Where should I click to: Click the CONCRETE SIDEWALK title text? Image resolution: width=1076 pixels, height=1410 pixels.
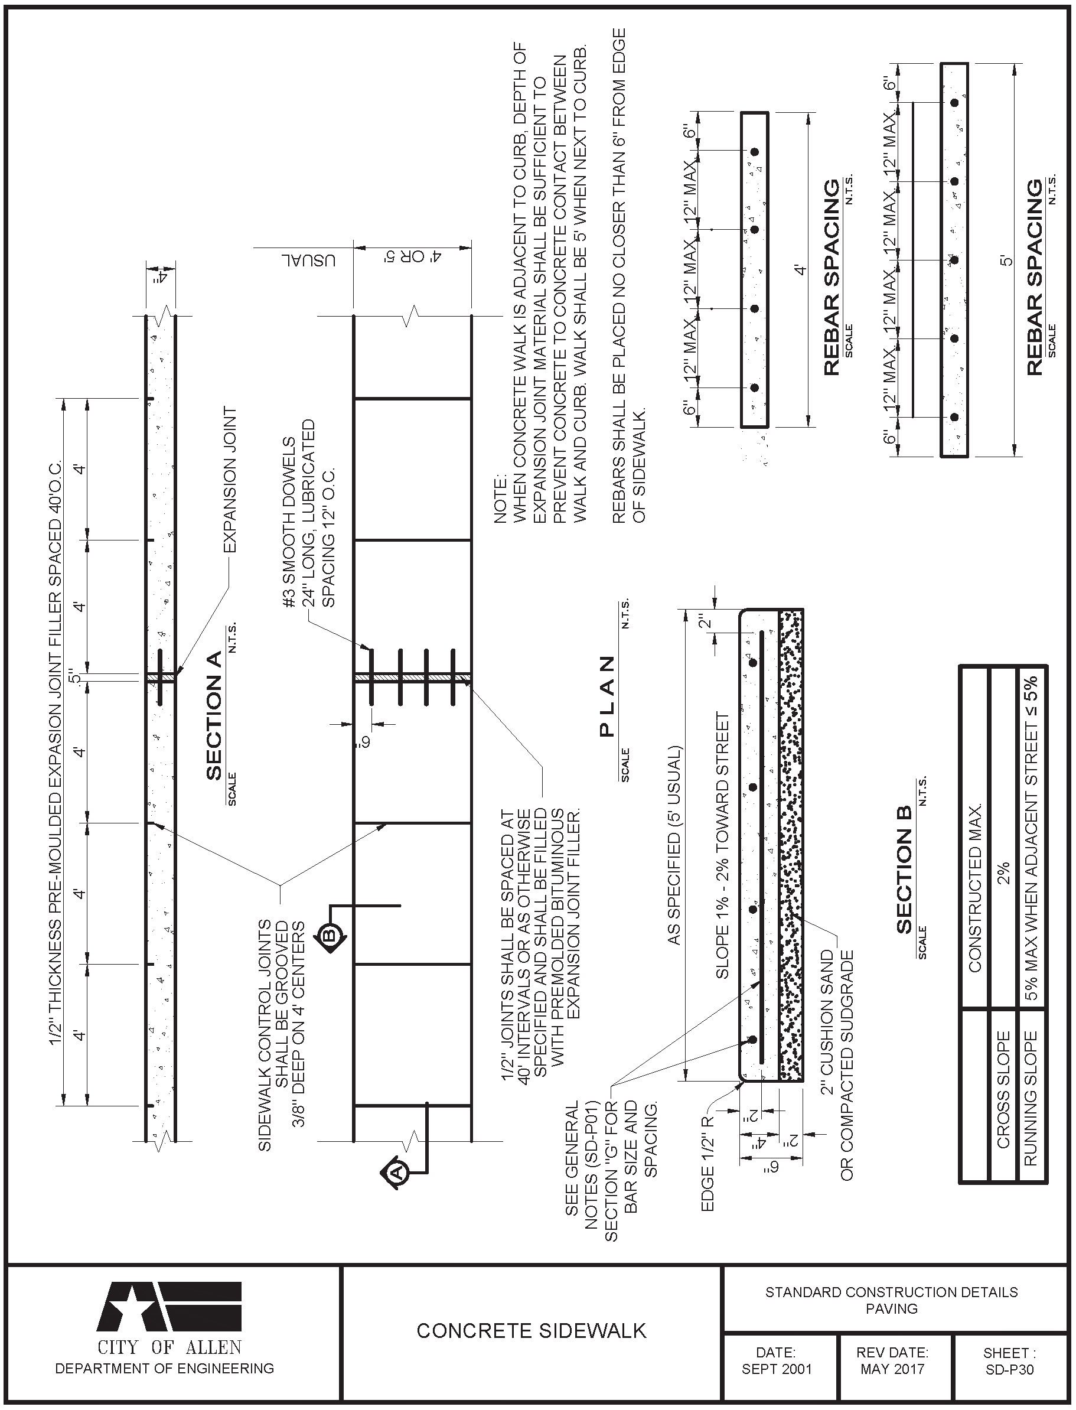click(531, 1331)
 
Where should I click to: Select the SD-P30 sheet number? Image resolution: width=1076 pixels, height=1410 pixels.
click(1009, 1370)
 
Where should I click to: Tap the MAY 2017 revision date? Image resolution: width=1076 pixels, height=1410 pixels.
click(892, 1370)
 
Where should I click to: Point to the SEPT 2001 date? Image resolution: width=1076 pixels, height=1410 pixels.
click(776, 1370)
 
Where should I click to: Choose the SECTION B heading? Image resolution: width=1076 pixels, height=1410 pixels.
click(904, 880)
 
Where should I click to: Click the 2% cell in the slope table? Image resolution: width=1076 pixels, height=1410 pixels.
click(1003, 872)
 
